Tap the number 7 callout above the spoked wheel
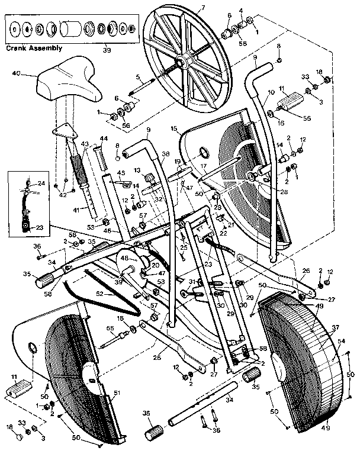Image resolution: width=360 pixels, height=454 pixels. (202, 7)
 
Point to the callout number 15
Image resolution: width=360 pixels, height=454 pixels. (174, 128)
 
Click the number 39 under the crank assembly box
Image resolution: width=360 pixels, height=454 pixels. (106, 50)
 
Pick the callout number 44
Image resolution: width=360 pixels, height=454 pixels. (104, 139)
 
